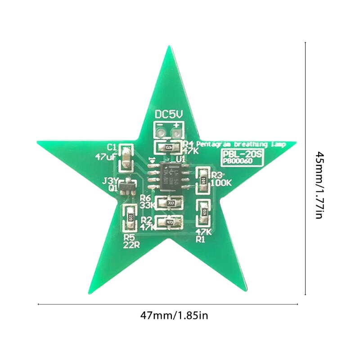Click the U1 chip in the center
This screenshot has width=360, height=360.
pyautogui.click(x=169, y=176)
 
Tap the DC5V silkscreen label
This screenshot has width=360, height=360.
pyautogui.click(x=169, y=114)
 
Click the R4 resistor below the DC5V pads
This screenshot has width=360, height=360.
pyautogui.click(x=169, y=147)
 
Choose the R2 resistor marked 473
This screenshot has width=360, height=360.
pyautogui.click(x=170, y=222)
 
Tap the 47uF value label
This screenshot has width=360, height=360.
pyautogui.click(x=106, y=157)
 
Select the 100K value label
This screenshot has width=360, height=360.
pyautogui.click(x=220, y=183)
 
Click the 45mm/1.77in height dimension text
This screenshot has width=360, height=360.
pyautogui.click(x=319, y=185)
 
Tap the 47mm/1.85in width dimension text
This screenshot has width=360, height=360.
pyautogui.click(x=174, y=315)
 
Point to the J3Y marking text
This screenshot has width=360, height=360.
pyautogui.click(x=110, y=181)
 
